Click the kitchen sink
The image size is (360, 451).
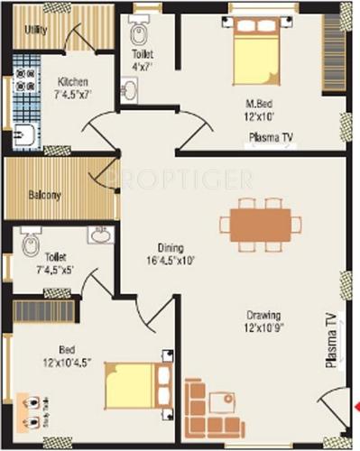24,136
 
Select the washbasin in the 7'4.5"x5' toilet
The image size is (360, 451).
99,236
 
